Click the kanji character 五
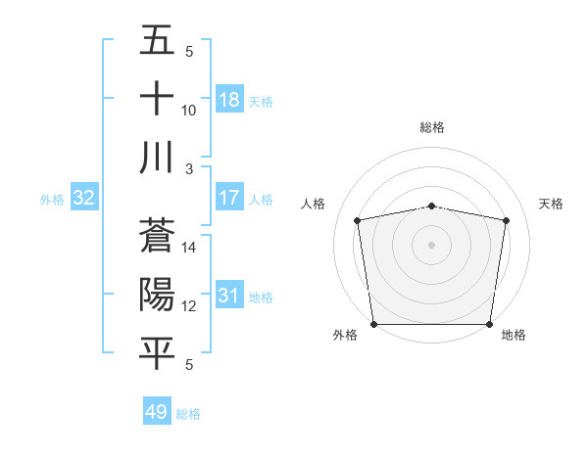click(157, 40)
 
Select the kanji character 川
click(157, 158)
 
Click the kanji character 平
click(157, 353)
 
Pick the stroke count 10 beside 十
click(189, 110)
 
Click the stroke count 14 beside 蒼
click(189, 248)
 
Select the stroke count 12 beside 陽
click(189, 306)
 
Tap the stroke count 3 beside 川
click(189, 168)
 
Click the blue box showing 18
click(228, 99)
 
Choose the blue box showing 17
click(228, 198)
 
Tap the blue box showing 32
click(83, 198)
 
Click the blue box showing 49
click(157, 412)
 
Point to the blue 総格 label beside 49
click(188, 414)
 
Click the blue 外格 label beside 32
click(52, 200)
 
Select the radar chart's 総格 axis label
click(432, 127)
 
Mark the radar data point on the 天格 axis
click(507, 220)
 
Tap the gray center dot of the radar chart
click(432, 244)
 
